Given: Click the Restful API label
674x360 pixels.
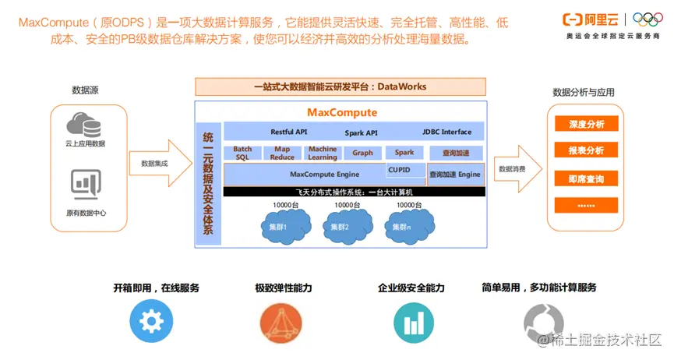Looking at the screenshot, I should (x=289, y=132).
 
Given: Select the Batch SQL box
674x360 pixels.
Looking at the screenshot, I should (x=242, y=153).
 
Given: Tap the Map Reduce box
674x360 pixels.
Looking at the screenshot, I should (x=282, y=153).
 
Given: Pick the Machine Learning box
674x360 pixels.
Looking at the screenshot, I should (x=322, y=153).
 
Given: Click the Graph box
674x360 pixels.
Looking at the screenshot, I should (x=362, y=153).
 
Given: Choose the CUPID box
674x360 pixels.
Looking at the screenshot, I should (x=404, y=169).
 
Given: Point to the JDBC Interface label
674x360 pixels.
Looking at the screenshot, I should (x=446, y=132).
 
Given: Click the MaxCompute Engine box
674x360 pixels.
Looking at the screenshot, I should (x=324, y=175).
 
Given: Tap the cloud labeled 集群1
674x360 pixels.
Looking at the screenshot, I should (x=278, y=225).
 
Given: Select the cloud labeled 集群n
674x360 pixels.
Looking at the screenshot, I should (x=404, y=225).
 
